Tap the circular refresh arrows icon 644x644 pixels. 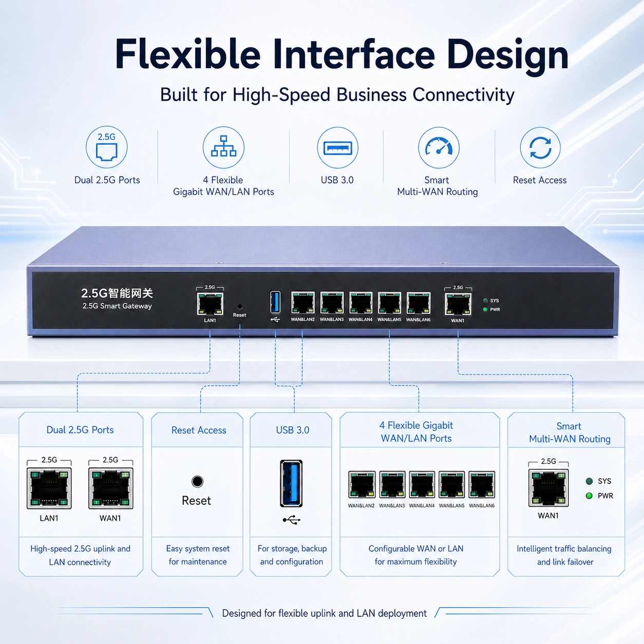pyautogui.click(x=540, y=148)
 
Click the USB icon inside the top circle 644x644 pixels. pyautogui.click(x=337, y=148)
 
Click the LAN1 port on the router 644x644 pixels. pyautogui.click(x=210, y=304)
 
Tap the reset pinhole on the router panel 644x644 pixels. pyautogui.click(x=240, y=307)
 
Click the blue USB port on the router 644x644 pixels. pyautogui.click(x=275, y=302)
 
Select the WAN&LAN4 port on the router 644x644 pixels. pyautogui.click(x=361, y=303)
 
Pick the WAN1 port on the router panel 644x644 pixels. pyautogui.click(x=458, y=304)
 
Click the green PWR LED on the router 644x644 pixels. pyautogui.click(x=485, y=310)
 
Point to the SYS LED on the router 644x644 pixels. pyautogui.click(x=485, y=301)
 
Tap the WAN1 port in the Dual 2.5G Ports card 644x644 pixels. pyautogui.click(x=110, y=488)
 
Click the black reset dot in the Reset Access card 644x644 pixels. pyautogui.click(x=197, y=482)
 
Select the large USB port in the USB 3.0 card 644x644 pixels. pyautogui.click(x=291, y=483)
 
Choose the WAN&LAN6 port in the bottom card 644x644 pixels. pyautogui.click(x=482, y=485)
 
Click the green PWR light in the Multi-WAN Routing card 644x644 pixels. pyautogui.click(x=589, y=496)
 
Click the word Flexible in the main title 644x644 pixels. pyautogui.click(x=187, y=54)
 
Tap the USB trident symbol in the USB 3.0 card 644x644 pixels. pyautogui.click(x=291, y=520)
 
